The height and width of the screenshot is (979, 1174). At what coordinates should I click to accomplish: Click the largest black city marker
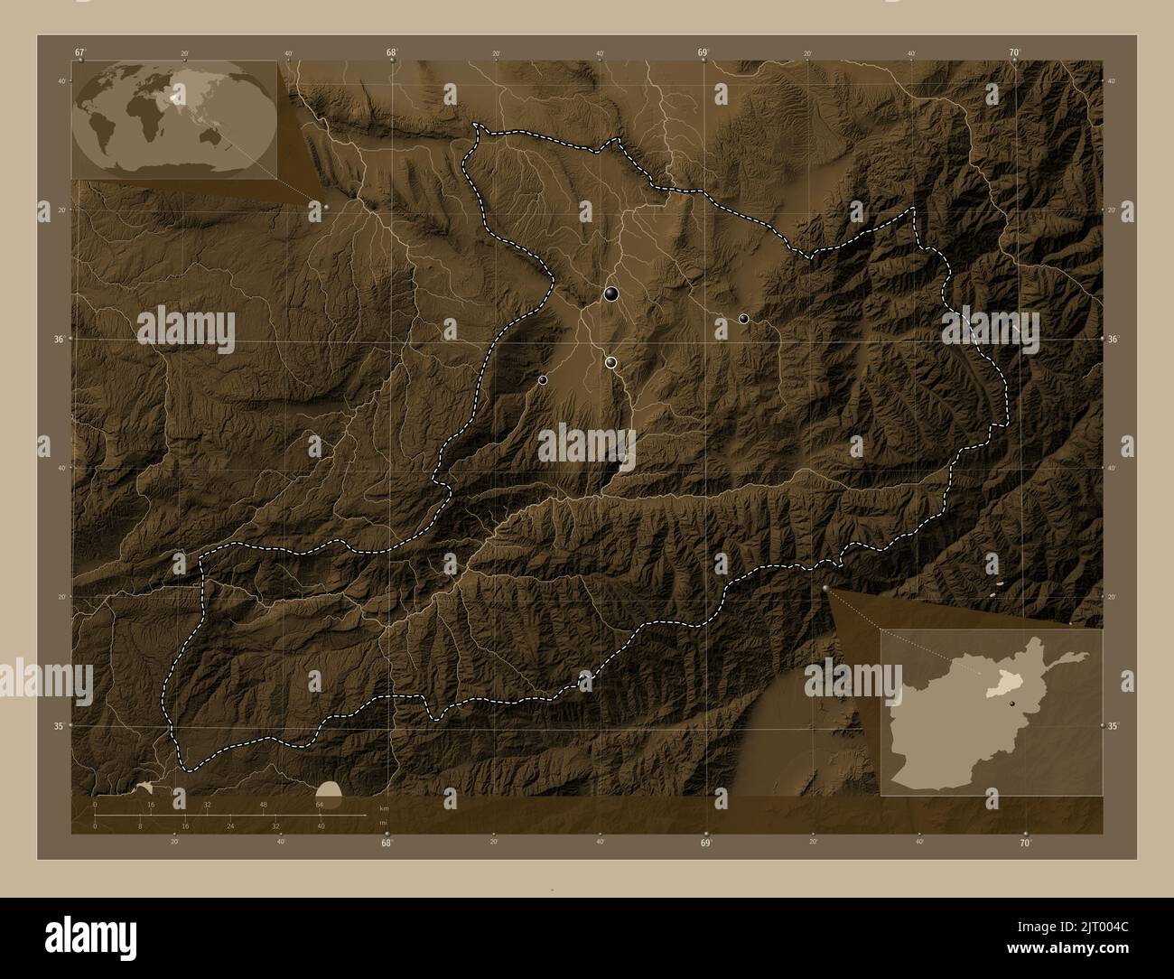[611, 293]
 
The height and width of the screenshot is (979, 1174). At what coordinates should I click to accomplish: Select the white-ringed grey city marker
[611, 362]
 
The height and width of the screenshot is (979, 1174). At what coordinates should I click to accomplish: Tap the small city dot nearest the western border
[542, 380]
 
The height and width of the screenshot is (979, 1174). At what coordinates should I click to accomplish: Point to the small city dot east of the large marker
[743, 318]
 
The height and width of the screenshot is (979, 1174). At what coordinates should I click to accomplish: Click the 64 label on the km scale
[320, 804]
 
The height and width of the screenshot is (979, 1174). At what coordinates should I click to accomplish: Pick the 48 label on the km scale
[264, 804]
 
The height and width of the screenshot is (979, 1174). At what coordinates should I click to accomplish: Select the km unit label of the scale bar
[384, 807]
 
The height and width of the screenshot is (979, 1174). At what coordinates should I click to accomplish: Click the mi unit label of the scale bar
[384, 822]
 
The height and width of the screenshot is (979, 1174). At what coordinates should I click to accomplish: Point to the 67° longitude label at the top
[79, 52]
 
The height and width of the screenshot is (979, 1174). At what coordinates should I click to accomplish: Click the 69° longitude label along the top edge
[703, 52]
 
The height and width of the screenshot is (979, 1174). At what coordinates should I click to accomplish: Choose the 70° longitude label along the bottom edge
[1025, 844]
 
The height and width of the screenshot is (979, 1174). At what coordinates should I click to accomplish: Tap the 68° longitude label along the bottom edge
[387, 844]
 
